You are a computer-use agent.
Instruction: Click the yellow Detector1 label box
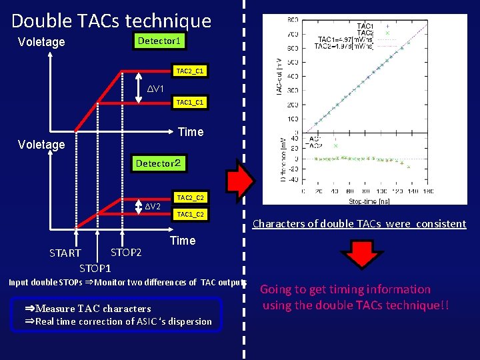[x=159, y=41]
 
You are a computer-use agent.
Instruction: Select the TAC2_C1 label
[x=190, y=71]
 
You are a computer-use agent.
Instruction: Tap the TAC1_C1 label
[x=190, y=103]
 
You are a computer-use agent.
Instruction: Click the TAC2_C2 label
[x=190, y=198]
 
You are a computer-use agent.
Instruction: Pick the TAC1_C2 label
[x=190, y=215]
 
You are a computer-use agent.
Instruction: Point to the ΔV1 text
[x=155, y=89]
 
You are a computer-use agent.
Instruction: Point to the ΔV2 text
[x=153, y=206]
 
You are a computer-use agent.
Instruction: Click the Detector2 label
[x=158, y=163]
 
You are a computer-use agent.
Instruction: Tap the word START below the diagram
[x=65, y=253]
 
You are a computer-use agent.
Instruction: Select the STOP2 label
[x=126, y=253]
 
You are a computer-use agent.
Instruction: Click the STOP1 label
[x=95, y=269]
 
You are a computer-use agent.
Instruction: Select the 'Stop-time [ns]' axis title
[x=371, y=200]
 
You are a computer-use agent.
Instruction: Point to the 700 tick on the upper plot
[x=292, y=33]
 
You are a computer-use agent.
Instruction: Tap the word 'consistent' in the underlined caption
[x=441, y=224]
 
